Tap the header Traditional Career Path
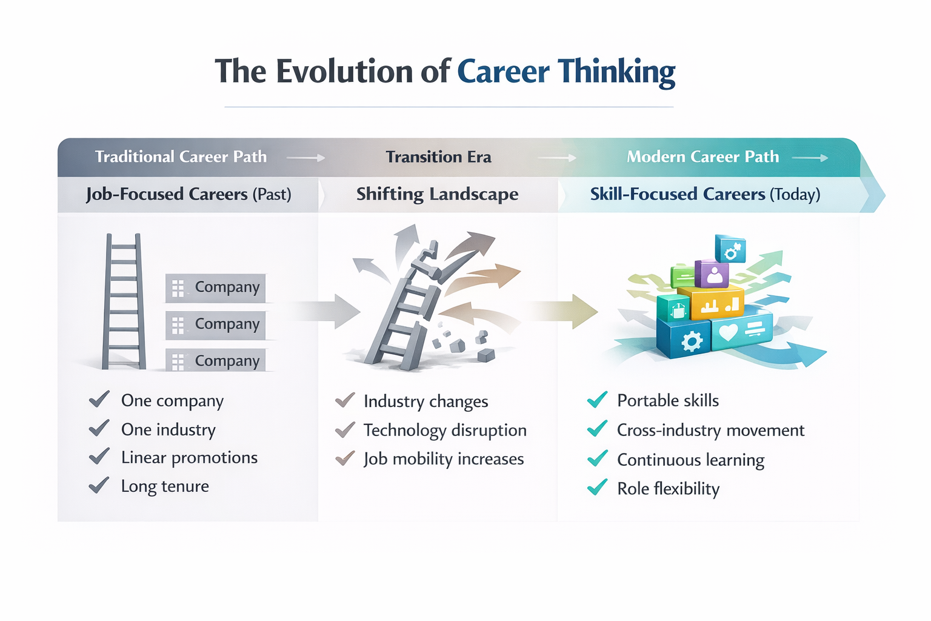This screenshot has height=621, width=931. [x=181, y=157]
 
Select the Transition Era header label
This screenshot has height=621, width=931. [x=438, y=157]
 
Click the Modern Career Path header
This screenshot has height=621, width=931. [x=703, y=157]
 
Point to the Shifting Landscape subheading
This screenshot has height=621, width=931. [x=437, y=194]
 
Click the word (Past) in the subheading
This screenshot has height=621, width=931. [x=272, y=194]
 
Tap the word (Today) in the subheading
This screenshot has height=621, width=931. [x=795, y=194]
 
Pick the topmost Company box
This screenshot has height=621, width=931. [x=215, y=288]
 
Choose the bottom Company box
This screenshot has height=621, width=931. [x=215, y=360]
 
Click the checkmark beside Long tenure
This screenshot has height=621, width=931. [x=99, y=485]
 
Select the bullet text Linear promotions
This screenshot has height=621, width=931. [x=190, y=457]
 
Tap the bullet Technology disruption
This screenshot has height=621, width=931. [x=445, y=430]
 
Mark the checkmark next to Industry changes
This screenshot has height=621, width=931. [x=345, y=400]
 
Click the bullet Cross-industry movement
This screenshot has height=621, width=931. [x=711, y=430]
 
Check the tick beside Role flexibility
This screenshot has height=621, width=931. [x=598, y=487]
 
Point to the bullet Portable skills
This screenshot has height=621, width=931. [x=668, y=400]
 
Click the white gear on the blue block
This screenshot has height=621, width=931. [x=692, y=341]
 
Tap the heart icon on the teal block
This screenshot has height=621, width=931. [x=728, y=332]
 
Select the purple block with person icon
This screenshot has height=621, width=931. [x=712, y=274]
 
